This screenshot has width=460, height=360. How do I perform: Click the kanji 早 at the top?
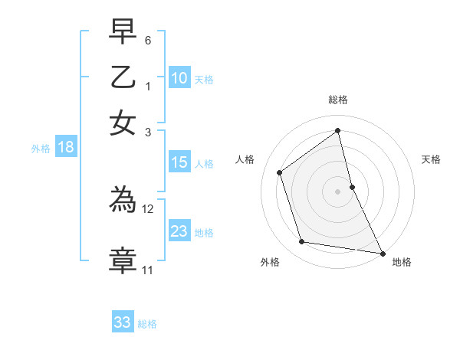123,31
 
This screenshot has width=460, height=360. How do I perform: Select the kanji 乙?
123,77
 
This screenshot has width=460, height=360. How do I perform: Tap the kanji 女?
123,123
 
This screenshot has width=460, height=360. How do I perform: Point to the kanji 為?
123,201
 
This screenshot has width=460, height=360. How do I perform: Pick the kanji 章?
123,260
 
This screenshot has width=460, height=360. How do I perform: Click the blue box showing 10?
179,78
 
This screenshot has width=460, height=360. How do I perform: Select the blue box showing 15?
179,162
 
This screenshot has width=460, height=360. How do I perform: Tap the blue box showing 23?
179,231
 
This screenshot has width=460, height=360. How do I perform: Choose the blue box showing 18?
66,148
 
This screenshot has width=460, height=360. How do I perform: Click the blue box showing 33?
123,322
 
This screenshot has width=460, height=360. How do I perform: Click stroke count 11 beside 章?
148,270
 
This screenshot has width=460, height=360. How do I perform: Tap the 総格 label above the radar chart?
338,100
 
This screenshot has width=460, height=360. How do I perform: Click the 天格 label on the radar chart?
432,159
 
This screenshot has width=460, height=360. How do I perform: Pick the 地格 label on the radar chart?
402,262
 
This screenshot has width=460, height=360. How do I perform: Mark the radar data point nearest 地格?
381,253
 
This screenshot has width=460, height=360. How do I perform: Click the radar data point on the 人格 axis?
280,172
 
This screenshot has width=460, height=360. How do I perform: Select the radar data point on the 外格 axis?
302,242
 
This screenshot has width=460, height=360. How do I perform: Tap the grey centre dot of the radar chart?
338,191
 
